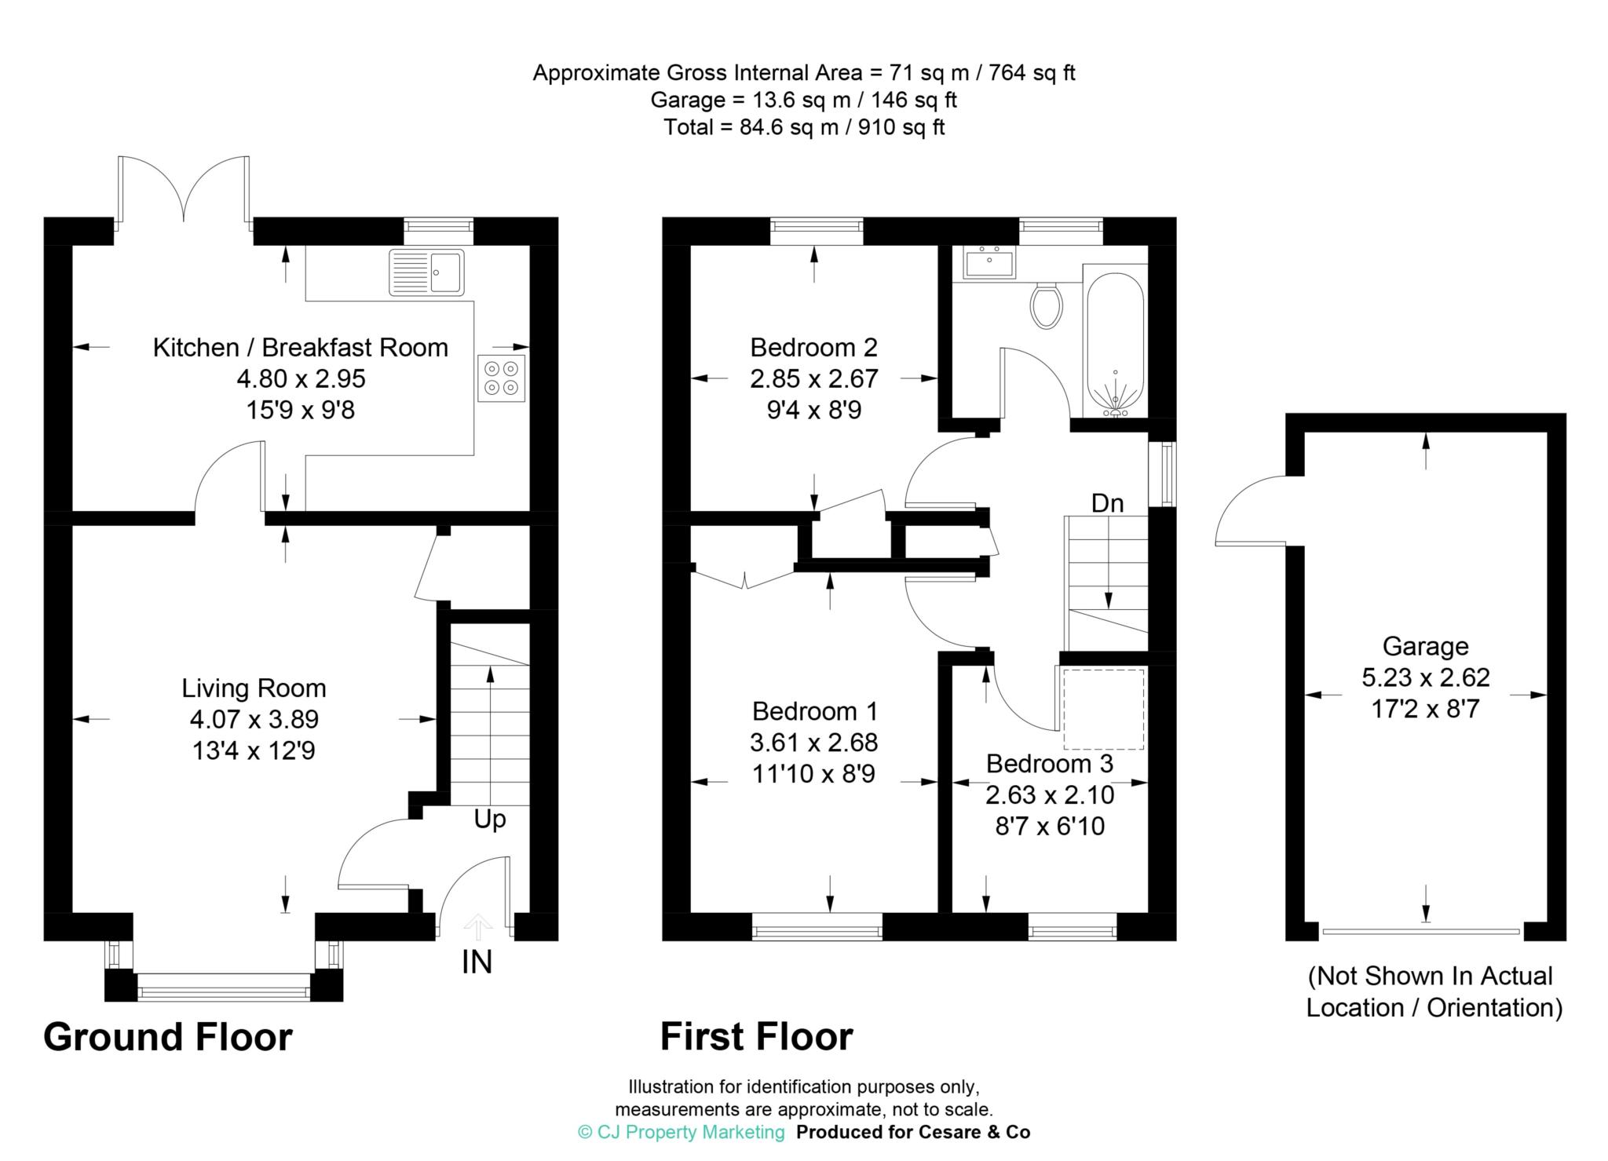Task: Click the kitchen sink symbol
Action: click(x=426, y=272)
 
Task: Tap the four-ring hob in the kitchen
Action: click(x=501, y=378)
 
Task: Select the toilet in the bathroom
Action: click(x=1046, y=306)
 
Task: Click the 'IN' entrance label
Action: click(x=477, y=962)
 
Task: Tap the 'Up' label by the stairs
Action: click(x=490, y=820)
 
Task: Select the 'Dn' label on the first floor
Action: click(x=1107, y=503)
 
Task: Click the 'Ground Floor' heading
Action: click(x=168, y=1037)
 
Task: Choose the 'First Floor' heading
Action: click(x=756, y=1037)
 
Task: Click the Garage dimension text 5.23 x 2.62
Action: click(x=1425, y=677)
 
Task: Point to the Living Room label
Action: click(x=254, y=688)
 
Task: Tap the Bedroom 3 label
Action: click(x=1049, y=763)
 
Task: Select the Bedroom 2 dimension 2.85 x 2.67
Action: click(x=813, y=379)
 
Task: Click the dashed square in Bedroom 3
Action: click(x=1103, y=710)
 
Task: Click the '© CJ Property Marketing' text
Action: click(x=681, y=1132)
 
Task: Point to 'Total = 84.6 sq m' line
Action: click(x=804, y=127)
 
